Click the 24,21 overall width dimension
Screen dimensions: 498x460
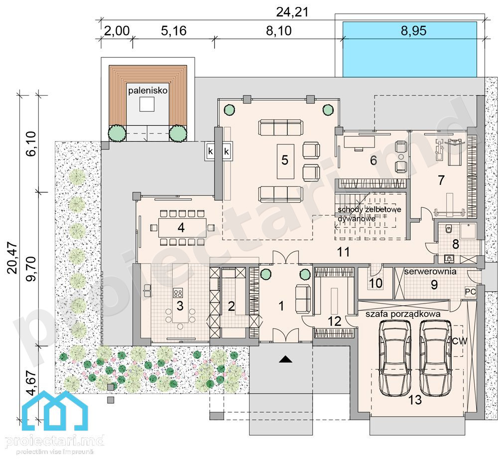coord(292,12)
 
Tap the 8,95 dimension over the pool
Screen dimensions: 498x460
coord(413,31)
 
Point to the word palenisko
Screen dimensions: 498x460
coord(148,91)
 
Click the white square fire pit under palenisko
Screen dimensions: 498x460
coord(147,104)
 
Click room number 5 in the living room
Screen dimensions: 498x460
coord(284,160)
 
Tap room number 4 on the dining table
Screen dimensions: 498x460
coord(181,228)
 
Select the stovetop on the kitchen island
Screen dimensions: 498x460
coord(178,293)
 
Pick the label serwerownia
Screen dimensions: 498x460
coord(430,272)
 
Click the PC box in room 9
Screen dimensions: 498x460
coord(471,292)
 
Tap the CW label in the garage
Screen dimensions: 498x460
coord(459,341)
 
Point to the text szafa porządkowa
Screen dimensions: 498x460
coord(403,314)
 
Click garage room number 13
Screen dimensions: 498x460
coord(415,400)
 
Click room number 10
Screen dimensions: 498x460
coord(375,283)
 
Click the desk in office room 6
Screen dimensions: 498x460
coord(360,142)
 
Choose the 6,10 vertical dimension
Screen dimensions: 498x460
coord(31,144)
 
